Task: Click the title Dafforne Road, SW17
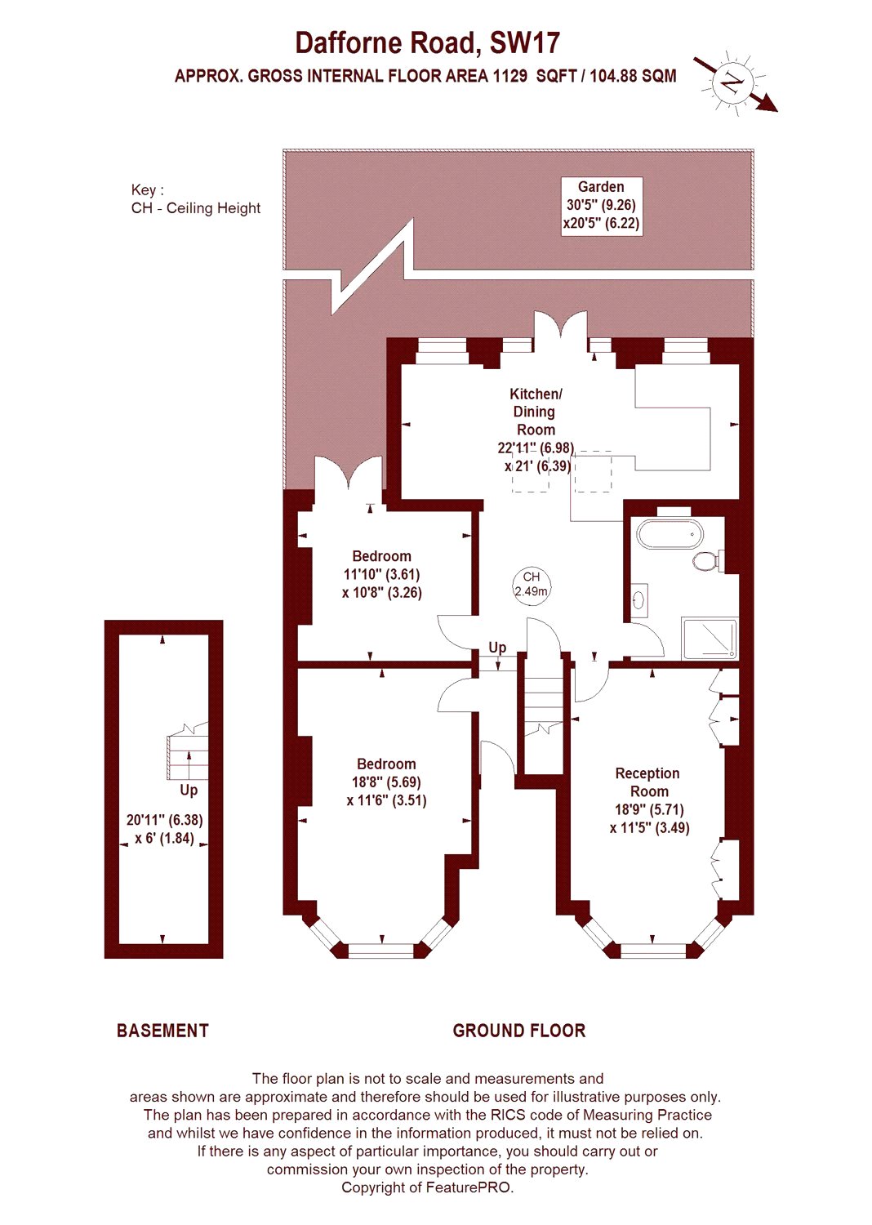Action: [428, 43]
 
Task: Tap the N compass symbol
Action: [732, 83]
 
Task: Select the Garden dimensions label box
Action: [602, 206]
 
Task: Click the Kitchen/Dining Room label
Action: [536, 412]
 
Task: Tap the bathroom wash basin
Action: [639, 600]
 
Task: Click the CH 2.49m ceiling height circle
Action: [532, 585]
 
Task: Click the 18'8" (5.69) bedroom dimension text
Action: [386, 782]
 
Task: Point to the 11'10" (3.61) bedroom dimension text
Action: [381, 575]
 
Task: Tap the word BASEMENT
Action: [163, 1031]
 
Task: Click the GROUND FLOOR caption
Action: [518, 1031]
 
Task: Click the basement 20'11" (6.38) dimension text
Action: [165, 820]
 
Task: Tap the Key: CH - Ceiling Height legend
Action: [196, 199]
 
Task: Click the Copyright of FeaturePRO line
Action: [428, 1187]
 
